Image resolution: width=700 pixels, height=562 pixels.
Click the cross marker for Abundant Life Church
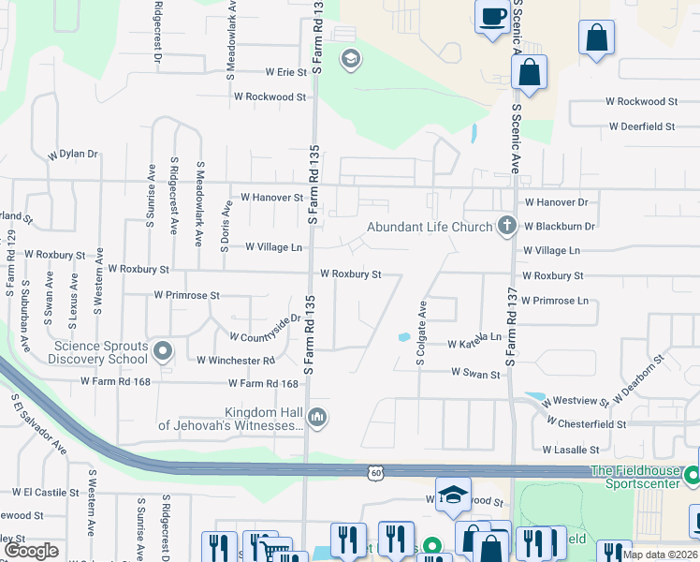[506, 225]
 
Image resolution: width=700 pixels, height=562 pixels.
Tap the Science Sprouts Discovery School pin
[163, 352]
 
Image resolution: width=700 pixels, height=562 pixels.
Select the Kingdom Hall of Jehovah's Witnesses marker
[317, 418]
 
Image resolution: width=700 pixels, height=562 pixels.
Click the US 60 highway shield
[373, 475]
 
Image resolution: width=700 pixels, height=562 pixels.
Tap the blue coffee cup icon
[492, 15]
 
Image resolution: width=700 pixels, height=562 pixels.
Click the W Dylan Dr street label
[73, 154]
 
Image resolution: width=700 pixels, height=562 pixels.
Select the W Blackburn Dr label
[560, 226]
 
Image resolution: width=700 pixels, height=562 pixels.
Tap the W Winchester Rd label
[235, 360]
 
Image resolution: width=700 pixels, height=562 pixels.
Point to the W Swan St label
[475, 373]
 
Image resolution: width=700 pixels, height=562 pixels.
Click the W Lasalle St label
[576, 450]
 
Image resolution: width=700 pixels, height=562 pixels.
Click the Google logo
[33, 551]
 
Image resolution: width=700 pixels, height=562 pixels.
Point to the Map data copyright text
[661, 555]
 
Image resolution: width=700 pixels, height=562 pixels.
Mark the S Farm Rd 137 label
[510, 327]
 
